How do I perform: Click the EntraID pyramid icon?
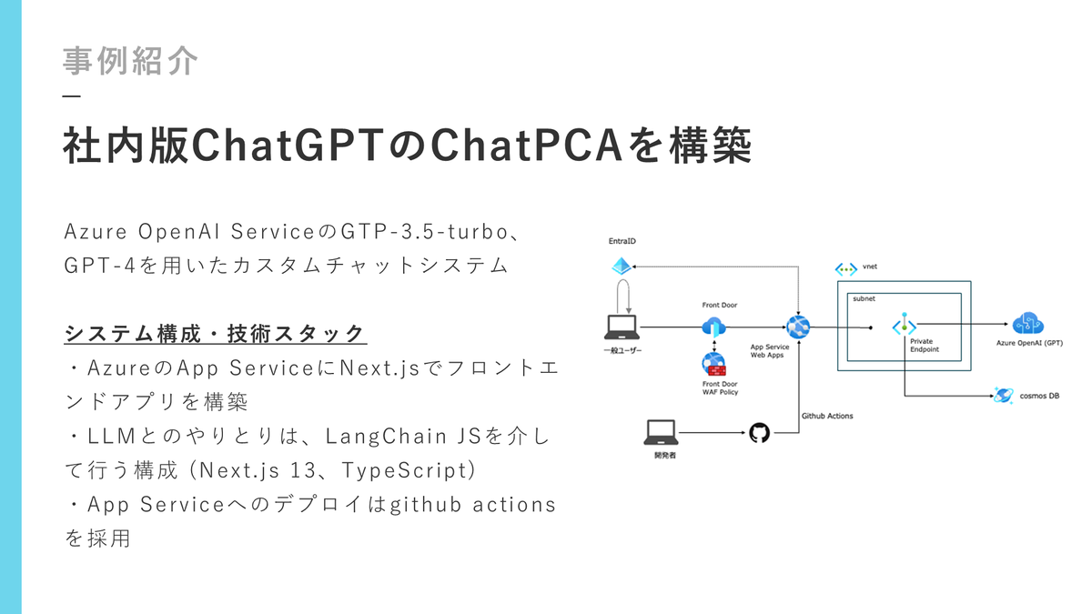(x=622, y=267)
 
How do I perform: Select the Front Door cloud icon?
(x=712, y=327)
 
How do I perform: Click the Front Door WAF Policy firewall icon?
(x=713, y=365)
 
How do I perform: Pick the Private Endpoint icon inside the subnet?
(x=904, y=326)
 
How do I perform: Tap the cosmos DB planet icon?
(x=1004, y=396)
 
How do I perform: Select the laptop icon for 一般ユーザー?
(x=622, y=326)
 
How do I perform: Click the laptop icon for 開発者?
(x=661, y=430)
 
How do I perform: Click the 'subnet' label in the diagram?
(x=863, y=298)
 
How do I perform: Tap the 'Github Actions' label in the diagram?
(x=827, y=416)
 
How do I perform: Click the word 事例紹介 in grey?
(x=130, y=61)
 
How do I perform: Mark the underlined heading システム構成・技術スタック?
(x=215, y=334)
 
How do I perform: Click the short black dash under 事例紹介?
(x=72, y=97)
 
